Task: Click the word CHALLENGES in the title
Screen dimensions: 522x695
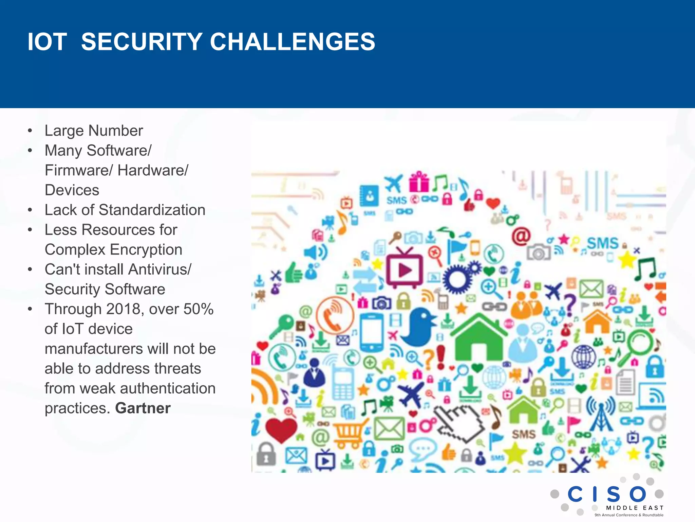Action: click(x=293, y=42)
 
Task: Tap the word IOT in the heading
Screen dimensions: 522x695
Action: click(x=47, y=42)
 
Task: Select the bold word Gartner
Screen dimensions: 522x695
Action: click(x=143, y=408)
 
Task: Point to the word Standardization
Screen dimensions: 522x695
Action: click(x=152, y=210)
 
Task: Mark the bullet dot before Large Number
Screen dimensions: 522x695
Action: click(x=30, y=131)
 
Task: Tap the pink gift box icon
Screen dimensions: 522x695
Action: click(x=419, y=182)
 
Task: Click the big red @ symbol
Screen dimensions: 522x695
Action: click(x=521, y=236)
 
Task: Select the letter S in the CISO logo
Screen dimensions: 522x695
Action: click(x=614, y=494)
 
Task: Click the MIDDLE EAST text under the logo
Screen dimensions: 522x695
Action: click(x=635, y=508)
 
